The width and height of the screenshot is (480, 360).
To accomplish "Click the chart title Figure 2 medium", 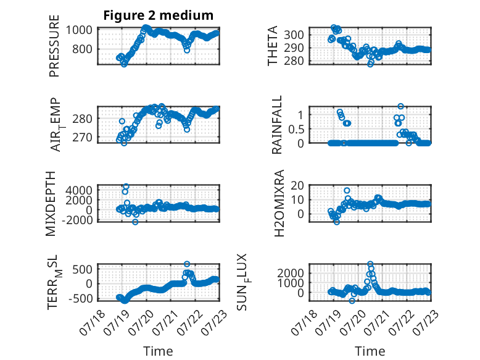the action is pyautogui.click(x=159, y=15).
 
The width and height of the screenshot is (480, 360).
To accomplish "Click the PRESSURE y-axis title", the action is pyautogui.click(x=54, y=46).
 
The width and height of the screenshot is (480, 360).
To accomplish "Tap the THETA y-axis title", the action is pyautogui.click(x=273, y=46).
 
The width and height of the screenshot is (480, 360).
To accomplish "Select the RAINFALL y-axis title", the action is pyautogui.click(x=277, y=125).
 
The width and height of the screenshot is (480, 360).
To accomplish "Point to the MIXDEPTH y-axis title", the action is pyautogui.click(x=51, y=204).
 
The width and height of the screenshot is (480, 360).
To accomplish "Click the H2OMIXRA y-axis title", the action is pyautogui.click(x=279, y=203).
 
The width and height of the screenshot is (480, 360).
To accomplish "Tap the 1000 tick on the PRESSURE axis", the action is pyautogui.click(x=79, y=30).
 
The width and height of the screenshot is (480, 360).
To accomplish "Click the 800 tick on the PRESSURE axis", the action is pyautogui.click(x=82, y=49).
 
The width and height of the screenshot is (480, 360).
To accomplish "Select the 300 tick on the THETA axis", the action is pyautogui.click(x=294, y=35).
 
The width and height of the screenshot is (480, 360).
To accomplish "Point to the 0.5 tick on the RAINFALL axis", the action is pyautogui.click(x=296, y=129).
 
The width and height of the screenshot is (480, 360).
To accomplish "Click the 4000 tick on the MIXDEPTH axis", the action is pyautogui.click(x=79, y=190).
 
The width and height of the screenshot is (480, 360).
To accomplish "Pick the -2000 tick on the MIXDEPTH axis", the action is pyautogui.click(x=77, y=220).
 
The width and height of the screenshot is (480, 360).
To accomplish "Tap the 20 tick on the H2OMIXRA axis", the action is pyautogui.click(x=297, y=185).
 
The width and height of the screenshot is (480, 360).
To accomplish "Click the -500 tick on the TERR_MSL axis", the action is pyautogui.click(x=80, y=298).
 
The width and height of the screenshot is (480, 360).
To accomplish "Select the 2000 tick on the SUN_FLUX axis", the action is pyautogui.click(x=291, y=273).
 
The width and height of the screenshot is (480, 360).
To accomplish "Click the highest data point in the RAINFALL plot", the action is pyautogui.click(x=400, y=106).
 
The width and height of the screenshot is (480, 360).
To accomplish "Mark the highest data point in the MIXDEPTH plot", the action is pyautogui.click(x=126, y=186).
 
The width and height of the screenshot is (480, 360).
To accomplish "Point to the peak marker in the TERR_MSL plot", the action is pyautogui.click(x=187, y=264).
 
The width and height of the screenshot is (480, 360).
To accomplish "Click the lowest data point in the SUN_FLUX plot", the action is pyautogui.click(x=352, y=301).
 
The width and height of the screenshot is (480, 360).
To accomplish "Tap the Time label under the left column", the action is pyautogui.click(x=158, y=351).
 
